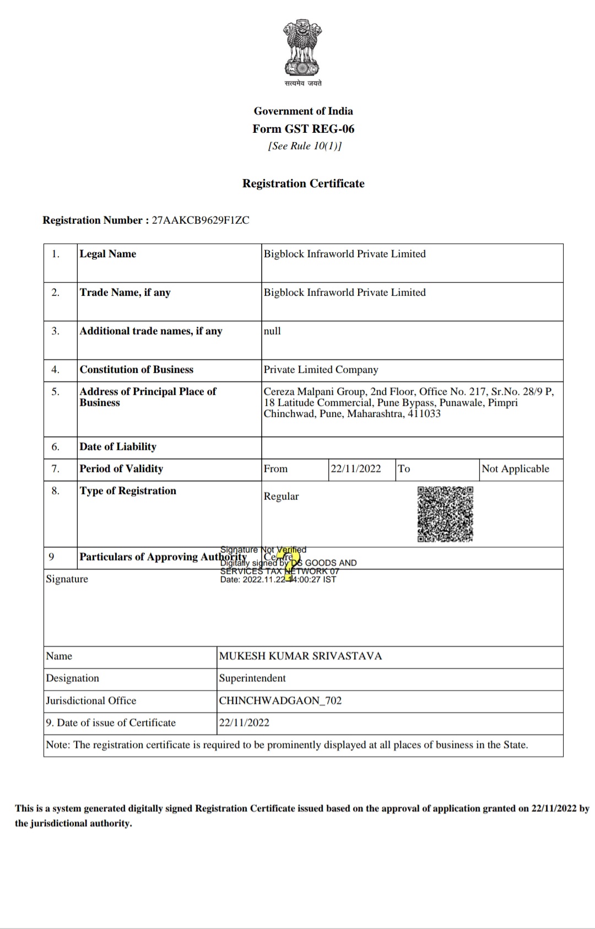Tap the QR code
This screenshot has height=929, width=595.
pos(445,514)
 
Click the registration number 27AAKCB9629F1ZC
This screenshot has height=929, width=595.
pos(201,220)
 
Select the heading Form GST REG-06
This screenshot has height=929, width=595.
pos(304,129)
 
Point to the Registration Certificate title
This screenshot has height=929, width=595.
pos(304,183)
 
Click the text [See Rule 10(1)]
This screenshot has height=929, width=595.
pos(305,146)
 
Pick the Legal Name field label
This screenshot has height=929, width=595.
pos(108,254)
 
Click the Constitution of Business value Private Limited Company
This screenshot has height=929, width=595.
pos(321,370)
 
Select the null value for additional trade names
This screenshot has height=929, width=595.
pos(272,331)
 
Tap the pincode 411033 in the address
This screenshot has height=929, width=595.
pos(424,414)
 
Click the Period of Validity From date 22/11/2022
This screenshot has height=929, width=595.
pos(355,469)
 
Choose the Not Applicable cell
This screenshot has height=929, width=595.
pos(515,469)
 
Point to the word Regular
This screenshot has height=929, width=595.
pos(281,496)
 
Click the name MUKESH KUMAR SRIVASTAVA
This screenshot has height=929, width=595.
pos(300,656)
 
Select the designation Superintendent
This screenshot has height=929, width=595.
pos(252,678)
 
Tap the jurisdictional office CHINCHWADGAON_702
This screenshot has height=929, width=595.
pos(280,701)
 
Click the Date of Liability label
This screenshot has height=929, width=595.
pos(118,447)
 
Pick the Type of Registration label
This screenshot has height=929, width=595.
pos(128,491)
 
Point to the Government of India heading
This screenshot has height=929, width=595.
pos(304,111)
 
